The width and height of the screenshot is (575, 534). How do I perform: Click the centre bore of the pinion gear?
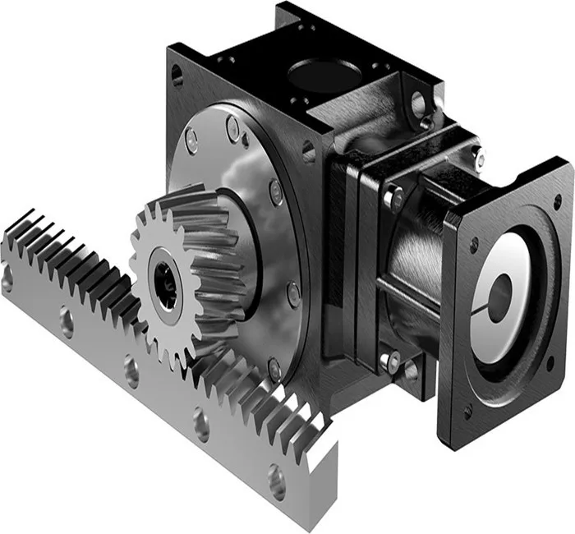(166, 285)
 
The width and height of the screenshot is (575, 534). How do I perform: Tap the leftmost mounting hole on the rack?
(7, 279)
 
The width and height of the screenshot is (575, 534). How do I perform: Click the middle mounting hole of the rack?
(131, 371)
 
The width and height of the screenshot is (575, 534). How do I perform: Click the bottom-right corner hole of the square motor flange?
(550, 362)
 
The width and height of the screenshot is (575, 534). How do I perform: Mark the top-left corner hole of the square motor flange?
(474, 244)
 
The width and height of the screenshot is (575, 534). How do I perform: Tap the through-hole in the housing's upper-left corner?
(177, 76)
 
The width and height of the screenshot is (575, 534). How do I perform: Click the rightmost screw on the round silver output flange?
(294, 293)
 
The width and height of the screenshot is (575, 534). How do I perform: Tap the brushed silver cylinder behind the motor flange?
(411, 255)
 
